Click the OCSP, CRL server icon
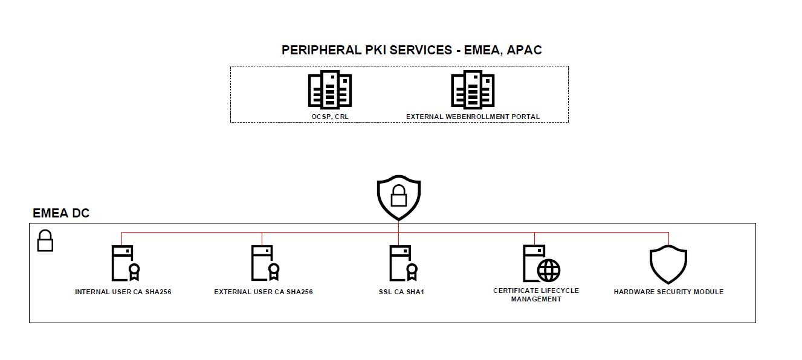pyautogui.click(x=329, y=90)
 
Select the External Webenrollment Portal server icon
pyautogui.click(x=473, y=90)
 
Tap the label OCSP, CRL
pyautogui.click(x=329, y=117)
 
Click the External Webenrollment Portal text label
pyautogui.click(x=473, y=117)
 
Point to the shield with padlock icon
pyautogui.click(x=398, y=199)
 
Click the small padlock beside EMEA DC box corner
pyautogui.click(x=45, y=242)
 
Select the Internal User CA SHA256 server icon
pyautogui.click(x=124, y=263)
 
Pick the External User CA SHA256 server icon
pyautogui.click(x=264, y=263)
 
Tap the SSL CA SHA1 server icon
pyautogui.click(x=402, y=263)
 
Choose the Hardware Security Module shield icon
pyautogui.click(x=668, y=265)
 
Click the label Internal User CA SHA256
pyautogui.click(x=123, y=292)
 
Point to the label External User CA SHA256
pyautogui.click(x=264, y=292)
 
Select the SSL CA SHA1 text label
pyautogui.click(x=398, y=292)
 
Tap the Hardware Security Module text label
pyautogui.click(x=668, y=292)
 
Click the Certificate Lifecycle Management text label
pyautogui.click(x=536, y=295)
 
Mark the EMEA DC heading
pyautogui.click(x=61, y=213)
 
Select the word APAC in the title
pyautogui.click(x=525, y=50)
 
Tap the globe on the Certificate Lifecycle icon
pyautogui.click(x=549, y=270)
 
